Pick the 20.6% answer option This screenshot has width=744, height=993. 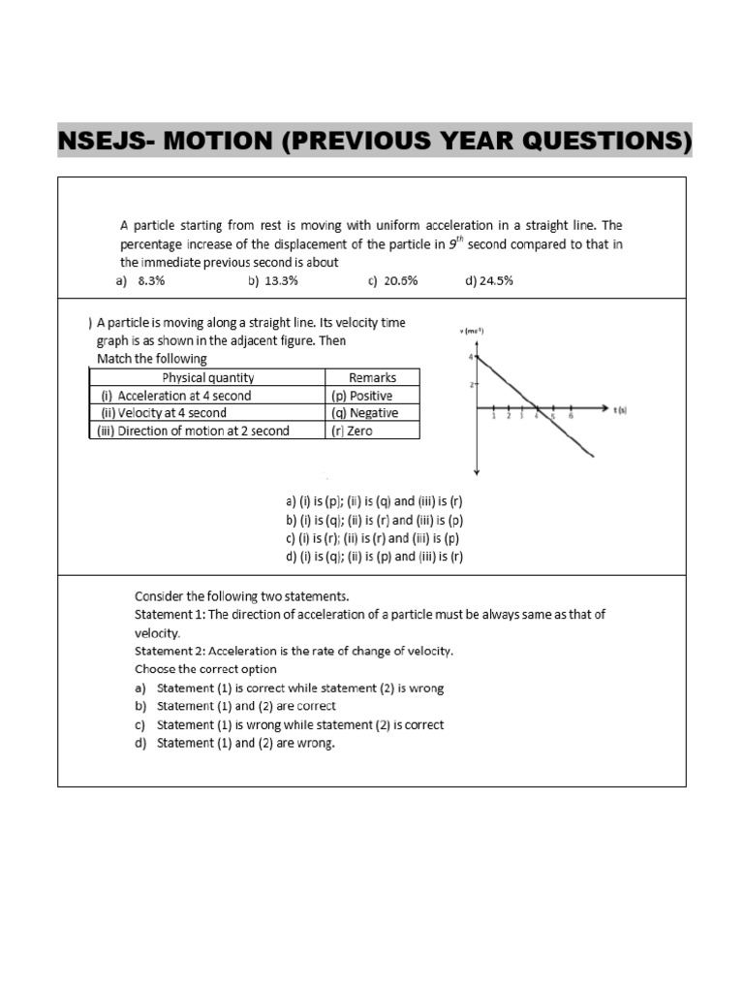click(400, 280)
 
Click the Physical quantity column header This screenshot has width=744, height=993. click(208, 377)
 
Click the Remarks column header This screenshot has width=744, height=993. click(372, 377)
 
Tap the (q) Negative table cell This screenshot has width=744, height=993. click(364, 412)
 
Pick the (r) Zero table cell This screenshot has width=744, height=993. click(352, 431)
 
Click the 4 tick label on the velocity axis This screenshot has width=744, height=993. click(469, 357)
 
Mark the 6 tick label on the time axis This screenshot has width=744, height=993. click(570, 417)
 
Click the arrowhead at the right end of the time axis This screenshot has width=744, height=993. click(603, 409)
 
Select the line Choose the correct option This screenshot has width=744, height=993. click(205, 669)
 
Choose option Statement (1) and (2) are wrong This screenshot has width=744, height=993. click(245, 743)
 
